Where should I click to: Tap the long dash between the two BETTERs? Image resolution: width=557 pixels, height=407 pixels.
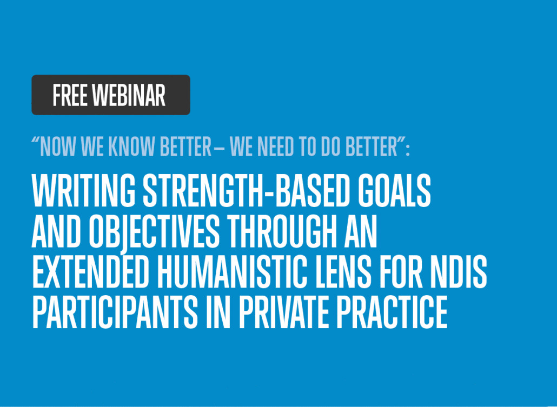[219, 147]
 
